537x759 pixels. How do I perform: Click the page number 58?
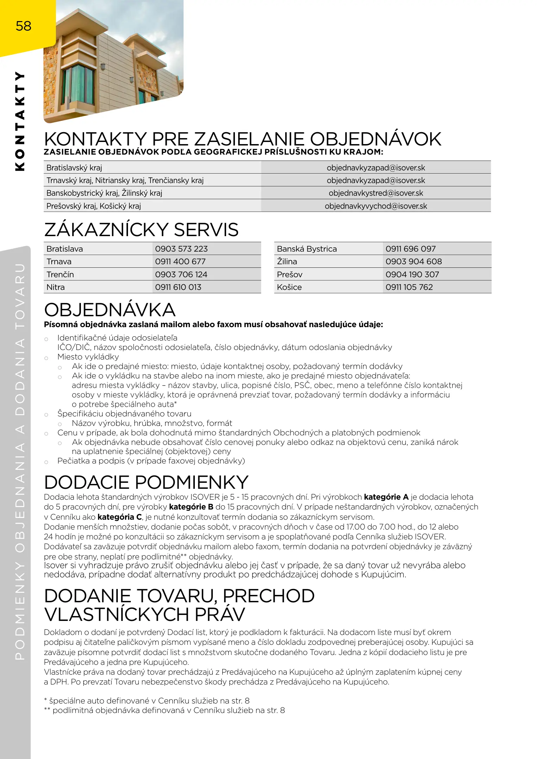pos(24,26)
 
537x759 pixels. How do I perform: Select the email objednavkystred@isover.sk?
pos(376,193)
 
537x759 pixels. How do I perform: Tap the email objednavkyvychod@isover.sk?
pos(376,206)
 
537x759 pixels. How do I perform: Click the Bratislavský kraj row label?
pos(74,168)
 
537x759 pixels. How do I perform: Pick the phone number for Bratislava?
pos(181,249)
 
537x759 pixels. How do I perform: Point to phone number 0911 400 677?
pos(180,261)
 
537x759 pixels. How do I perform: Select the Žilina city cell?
pos(287,261)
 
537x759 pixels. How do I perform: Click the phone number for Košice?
pos(409,287)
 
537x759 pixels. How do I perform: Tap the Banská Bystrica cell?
pos(307,249)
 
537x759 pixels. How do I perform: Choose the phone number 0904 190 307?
pos(412,274)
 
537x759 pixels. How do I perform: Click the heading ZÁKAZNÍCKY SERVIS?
pos(141,230)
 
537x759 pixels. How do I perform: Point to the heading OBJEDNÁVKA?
pos(110,310)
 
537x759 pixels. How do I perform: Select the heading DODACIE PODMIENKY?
pos(146,482)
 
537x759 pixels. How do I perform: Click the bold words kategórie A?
pos(386,497)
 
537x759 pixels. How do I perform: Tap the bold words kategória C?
pos(120,517)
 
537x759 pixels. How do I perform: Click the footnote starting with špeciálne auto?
pos(147,701)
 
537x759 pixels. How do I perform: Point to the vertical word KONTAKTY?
pos(20,121)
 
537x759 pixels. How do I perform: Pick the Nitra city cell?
pos(56,287)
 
